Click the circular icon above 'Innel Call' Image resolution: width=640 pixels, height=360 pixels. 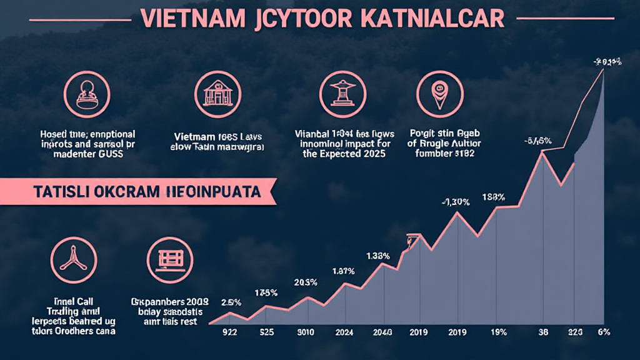tap(74, 262)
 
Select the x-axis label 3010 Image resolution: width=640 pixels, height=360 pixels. tap(306, 332)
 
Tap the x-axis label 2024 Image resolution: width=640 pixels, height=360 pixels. tap(345, 332)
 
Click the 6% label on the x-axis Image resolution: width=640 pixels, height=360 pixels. tap(604, 332)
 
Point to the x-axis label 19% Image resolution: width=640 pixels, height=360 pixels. tap(498, 332)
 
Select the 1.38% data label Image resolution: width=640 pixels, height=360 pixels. tap(378, 256)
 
